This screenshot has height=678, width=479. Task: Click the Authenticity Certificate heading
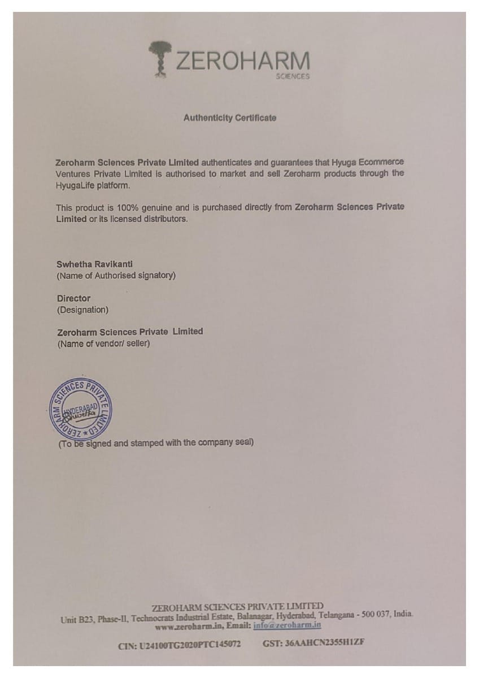pos(230,118)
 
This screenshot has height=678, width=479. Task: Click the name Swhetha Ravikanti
pos(95,264)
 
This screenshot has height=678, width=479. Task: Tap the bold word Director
pos(73,298)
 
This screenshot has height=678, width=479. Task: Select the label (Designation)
pos(82,310)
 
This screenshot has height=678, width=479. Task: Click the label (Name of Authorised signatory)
pos(116,276)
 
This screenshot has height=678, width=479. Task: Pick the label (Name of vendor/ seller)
pos(103,344)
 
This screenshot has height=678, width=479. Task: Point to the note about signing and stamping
pos(156,443)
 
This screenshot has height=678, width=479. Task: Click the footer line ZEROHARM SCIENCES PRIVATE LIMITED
pos(238,606)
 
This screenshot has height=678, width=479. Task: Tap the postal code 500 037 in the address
pos(373,615)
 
